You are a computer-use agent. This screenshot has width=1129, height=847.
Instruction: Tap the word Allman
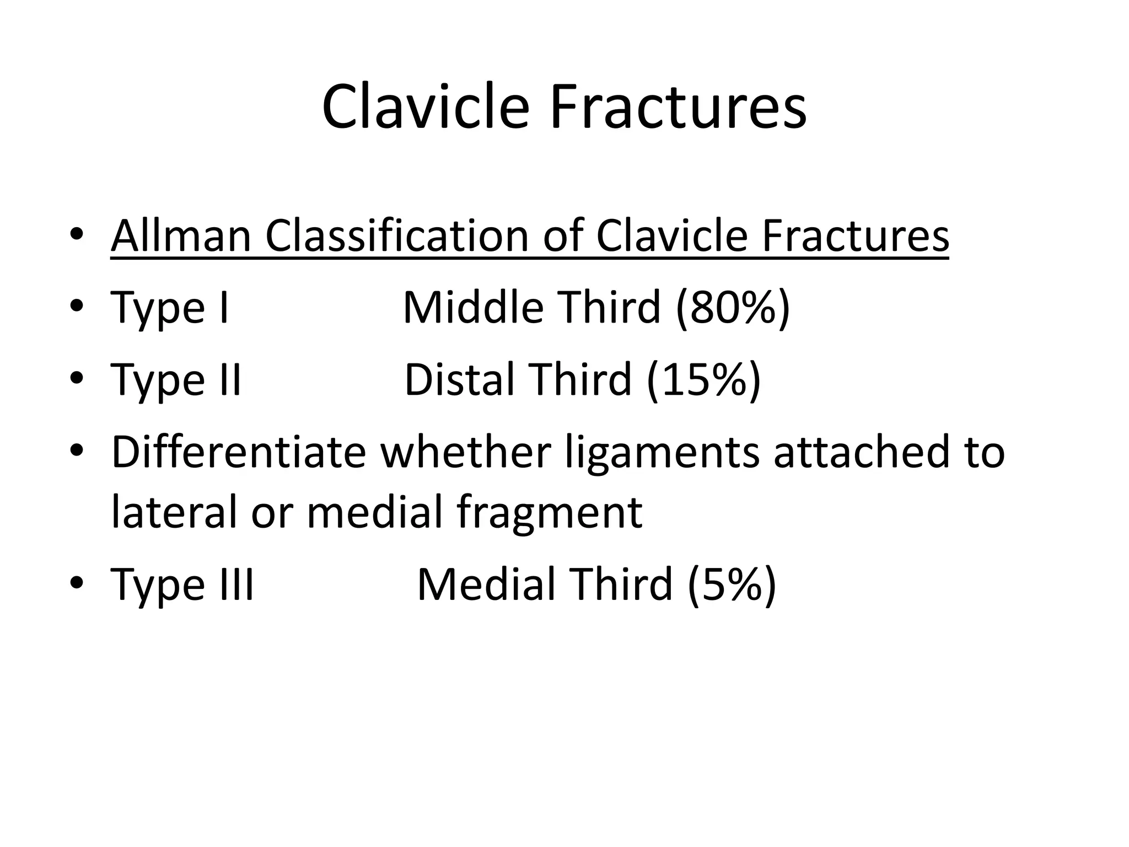pyautogui.click(x=181, y=236)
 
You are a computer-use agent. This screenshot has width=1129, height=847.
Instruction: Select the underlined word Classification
pyautogui.click(x=396, y=236)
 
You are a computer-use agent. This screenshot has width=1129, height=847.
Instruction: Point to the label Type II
pyautogui.click(x=176, y=380)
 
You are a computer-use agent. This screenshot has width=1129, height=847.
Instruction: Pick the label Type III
pyautogui.click(x=182, y=585)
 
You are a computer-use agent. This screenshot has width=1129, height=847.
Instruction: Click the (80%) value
pyautogui.click(x=733, y=308)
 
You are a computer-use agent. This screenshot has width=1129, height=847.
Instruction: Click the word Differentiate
pyautogui.click(x=238, y=452)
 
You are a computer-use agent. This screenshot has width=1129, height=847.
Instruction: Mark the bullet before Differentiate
pyautogui.click(x=77, y=452)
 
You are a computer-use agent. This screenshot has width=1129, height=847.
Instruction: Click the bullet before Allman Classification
pyautogui.click(x=77, y=236)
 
